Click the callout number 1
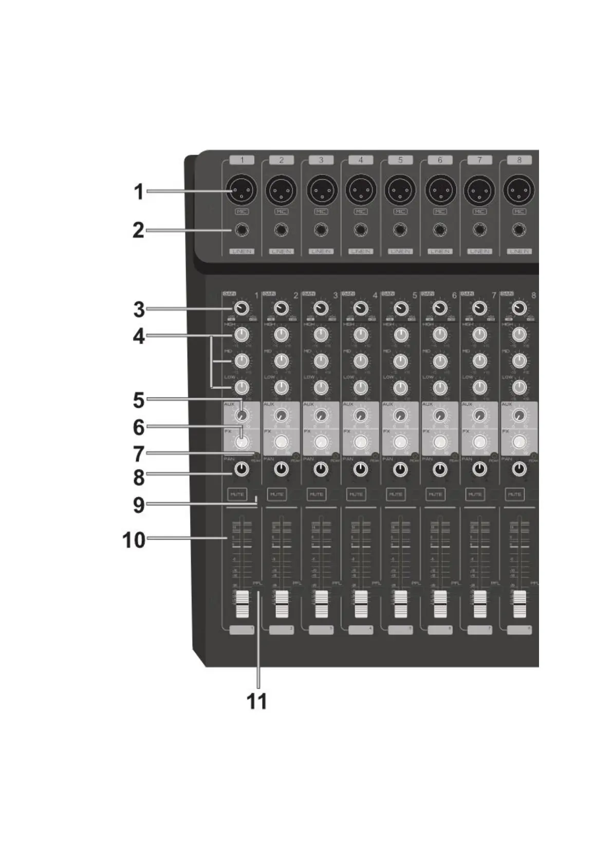point(138,192)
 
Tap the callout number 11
point(257,701)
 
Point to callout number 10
point(134,540)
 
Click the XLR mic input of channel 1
point(242,192)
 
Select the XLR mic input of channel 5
point(400,192)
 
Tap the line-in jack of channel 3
point(321,230)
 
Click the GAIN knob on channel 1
point(242,308)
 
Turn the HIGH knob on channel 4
point(360,335)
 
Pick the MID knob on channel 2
point(281,361)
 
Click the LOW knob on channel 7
point(479,387)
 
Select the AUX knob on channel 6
point(440,415)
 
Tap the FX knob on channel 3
point(321,442)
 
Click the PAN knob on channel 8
point(520,468)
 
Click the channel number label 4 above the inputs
point(360,160)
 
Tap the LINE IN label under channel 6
point(440,251)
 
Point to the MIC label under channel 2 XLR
point(281,211)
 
